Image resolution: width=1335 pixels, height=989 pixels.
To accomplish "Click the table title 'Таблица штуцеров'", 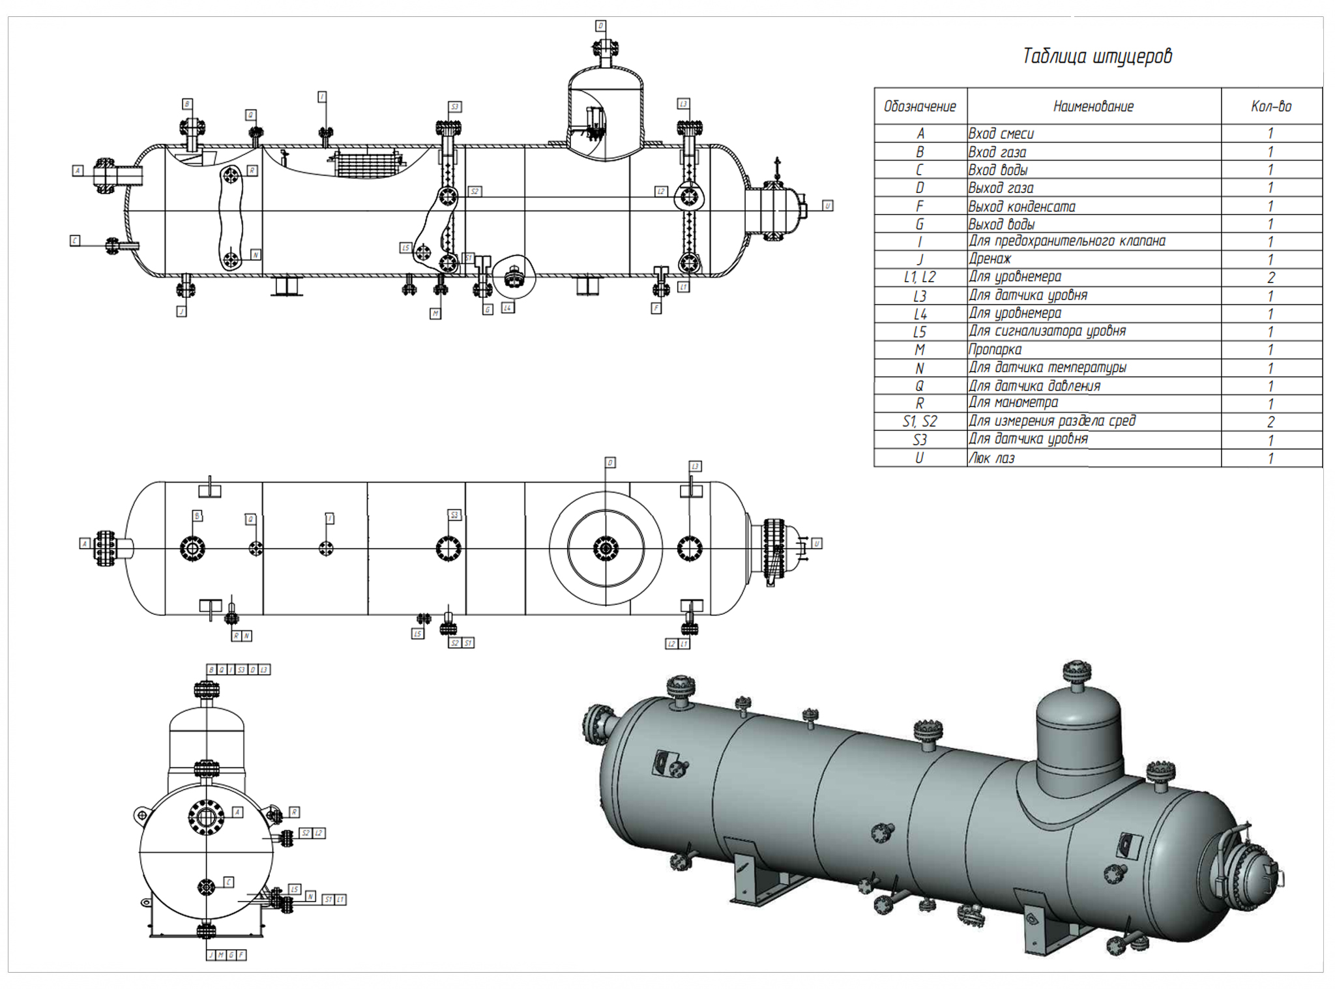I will [x=1097, y=56].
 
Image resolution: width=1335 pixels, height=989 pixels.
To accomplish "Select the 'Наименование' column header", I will [x=1093, y=106].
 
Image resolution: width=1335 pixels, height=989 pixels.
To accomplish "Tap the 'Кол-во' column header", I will [x=1271, y=106].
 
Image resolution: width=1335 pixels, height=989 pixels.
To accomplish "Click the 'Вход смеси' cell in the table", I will [x=1001, y=134].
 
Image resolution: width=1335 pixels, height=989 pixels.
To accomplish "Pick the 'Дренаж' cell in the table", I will [x=990, y=259].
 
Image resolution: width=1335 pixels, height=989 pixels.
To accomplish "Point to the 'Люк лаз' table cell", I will [x=991, y=458].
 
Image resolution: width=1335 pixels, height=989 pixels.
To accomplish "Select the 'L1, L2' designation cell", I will [x=919, y=277].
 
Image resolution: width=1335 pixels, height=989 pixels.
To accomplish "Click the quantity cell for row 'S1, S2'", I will [x=1270, y=422].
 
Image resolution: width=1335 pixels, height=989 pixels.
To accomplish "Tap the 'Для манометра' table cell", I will [x=1013, y=403].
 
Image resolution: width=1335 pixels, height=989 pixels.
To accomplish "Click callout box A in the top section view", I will [x=78, y=171].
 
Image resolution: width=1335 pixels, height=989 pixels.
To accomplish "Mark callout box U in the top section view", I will [x=827, y=205].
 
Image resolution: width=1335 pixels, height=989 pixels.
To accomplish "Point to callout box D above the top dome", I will [x=600, y=26].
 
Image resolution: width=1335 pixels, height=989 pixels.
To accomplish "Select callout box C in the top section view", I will [x=75, y=241].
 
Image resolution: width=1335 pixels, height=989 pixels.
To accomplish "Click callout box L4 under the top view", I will [x=508, y=307].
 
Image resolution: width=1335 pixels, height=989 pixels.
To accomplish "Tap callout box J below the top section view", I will [x=182, y=312].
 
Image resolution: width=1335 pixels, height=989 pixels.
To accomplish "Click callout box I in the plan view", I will [x=330, y=518].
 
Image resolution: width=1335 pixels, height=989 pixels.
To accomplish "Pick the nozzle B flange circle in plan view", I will [x=192, y=548].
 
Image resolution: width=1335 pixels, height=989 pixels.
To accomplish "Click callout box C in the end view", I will [x=228, y=882].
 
